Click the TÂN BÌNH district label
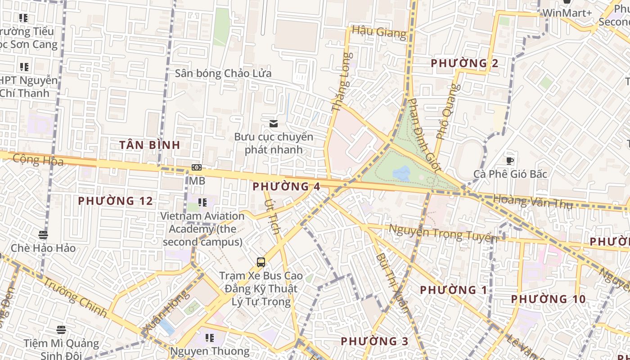[149, 145]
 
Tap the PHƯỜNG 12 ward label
[115, 201]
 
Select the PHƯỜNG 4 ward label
[286, 186]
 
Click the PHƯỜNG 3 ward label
[374, 341]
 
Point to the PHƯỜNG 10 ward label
[548, 299]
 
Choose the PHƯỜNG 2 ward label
[464, 63]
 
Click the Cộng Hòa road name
[38, 160]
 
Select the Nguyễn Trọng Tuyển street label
[443, 233]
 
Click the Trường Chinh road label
[76, 297]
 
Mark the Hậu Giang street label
[379, 31]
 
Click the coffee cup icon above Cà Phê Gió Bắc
[510, 161]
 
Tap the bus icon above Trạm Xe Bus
[261, 262]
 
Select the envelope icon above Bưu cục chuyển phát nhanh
[273, 124]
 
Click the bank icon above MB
[197, 167]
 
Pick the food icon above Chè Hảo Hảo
[43, 234]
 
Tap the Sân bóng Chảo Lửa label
[223, 73]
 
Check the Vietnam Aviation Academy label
[202, 229]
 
